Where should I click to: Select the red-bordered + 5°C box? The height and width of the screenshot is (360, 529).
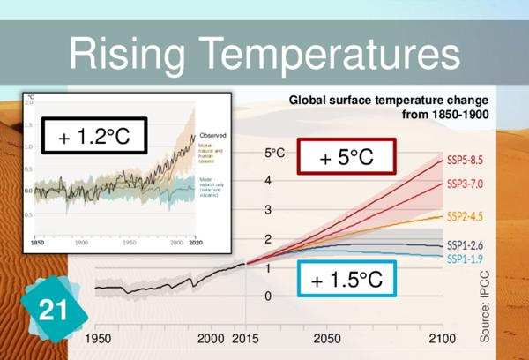[346, 159]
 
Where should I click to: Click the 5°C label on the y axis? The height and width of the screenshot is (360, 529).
[273, 153]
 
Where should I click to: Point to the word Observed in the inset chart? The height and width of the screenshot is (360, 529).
[213, 134]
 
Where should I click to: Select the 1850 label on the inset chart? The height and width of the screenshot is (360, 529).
[37, 241]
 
